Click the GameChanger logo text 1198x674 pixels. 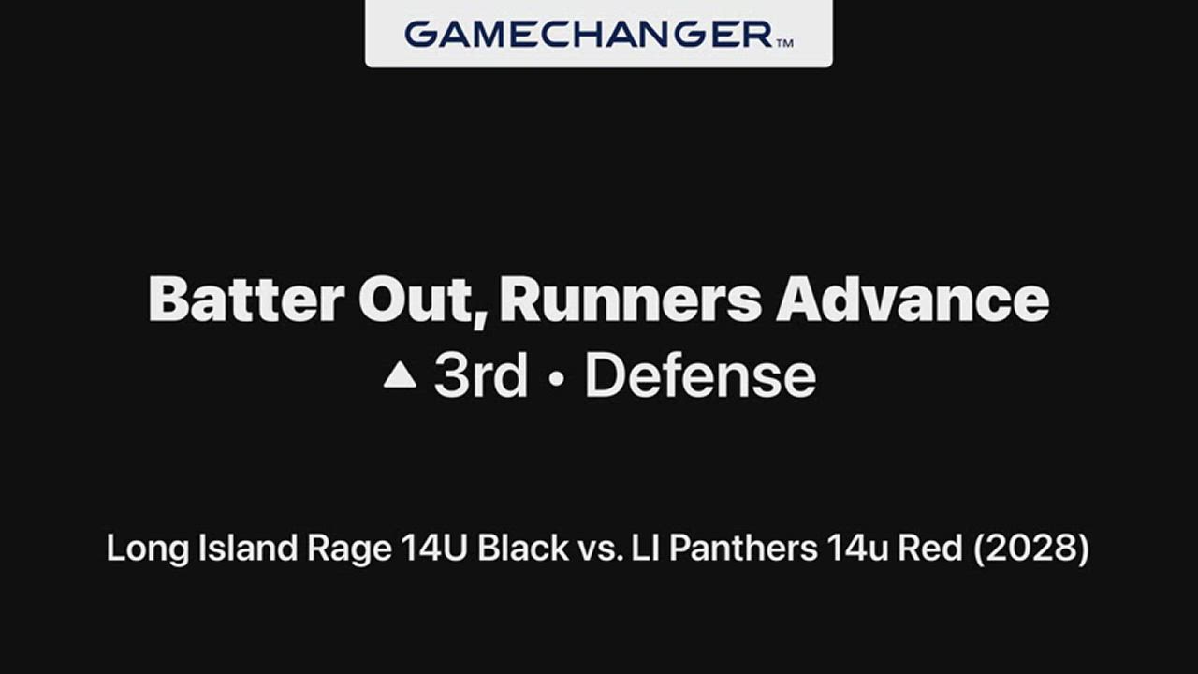589,35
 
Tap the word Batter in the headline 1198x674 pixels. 246,299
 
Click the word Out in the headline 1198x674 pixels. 422,299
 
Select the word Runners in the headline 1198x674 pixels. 631,299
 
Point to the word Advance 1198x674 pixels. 913,299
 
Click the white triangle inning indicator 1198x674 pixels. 400,375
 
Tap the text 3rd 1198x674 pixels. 481,375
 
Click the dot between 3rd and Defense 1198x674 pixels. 557,378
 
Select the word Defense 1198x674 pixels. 701,375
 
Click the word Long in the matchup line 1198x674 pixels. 148,549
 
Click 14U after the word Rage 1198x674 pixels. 434,548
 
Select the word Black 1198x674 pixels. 523,548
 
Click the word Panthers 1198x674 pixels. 743,548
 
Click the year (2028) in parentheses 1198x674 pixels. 1030,549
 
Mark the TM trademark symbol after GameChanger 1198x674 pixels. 784,43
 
